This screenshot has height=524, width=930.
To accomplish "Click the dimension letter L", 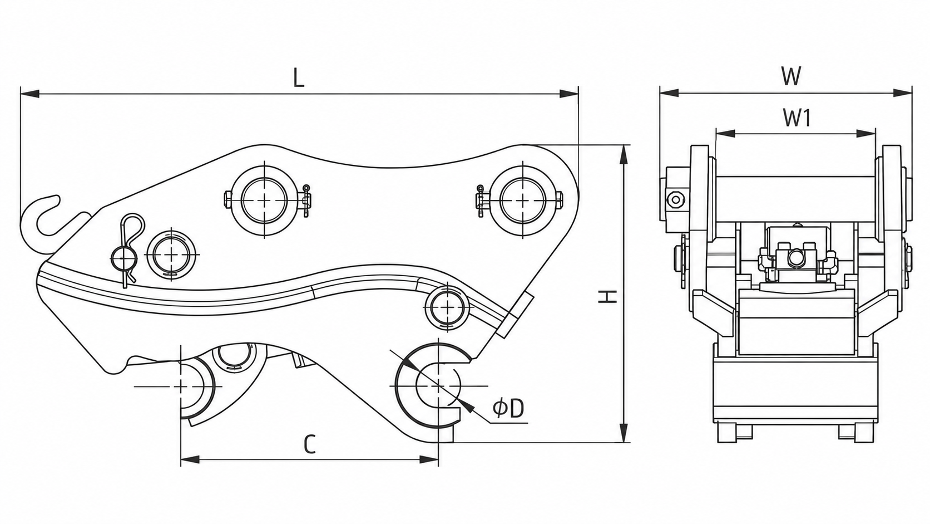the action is click(x=299, y=78).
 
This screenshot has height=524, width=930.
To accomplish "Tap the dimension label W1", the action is click(x=797, y=118).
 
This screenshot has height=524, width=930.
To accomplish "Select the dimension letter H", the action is click(x=607, y=296).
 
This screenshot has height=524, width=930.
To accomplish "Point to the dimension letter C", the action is click(x=310, y=444).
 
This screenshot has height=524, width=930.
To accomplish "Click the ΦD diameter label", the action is click(x=508, y=409).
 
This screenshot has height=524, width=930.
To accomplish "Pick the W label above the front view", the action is click(x=791, y=76).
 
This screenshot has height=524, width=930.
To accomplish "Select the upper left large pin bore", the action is click(x=265, y=200).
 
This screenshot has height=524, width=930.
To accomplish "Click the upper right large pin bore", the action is click(x=523, y=200).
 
